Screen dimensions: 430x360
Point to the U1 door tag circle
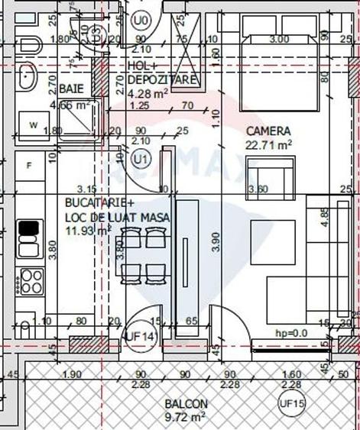(140, 159)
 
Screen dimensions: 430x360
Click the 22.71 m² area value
(268, 144)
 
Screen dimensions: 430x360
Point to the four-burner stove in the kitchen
(32, 281)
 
